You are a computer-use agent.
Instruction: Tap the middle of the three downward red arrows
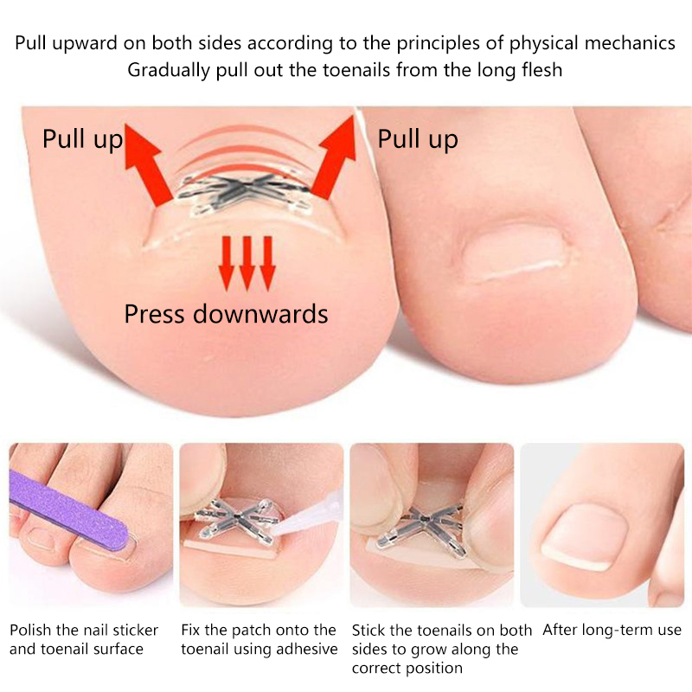click(247, 263)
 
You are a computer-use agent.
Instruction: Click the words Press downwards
click(226, 314)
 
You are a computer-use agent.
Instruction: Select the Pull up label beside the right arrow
click(418, 138)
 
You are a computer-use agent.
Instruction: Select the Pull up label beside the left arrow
click(82, 138)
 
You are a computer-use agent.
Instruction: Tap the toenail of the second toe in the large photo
click(514, 252)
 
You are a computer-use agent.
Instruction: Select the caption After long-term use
click(612, 630)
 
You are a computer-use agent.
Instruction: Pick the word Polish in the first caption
click(30, 630)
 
